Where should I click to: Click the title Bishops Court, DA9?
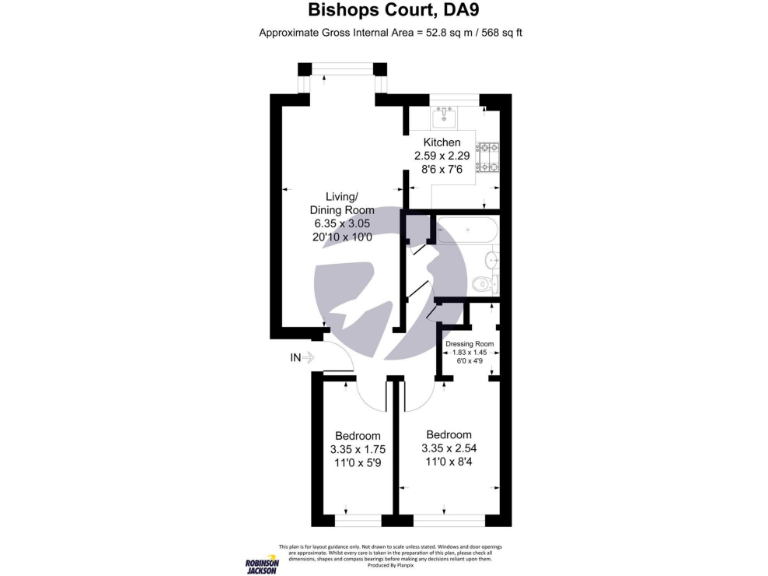tap(383, 12)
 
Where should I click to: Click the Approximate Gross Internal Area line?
tap(391, 33)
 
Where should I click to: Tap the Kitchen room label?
tap(441, 143)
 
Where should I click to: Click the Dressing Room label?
tap(470, 344)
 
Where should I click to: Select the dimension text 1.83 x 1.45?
tap(470, 352)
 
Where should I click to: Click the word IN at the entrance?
tap(295, 357)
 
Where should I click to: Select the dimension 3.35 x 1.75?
tap(357, 450)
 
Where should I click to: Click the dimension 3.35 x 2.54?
tap(449, 449)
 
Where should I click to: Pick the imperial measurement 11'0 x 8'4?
tap(449, 463)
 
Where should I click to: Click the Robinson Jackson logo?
tap(261, 565)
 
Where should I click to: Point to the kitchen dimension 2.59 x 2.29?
tap(441, 156)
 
